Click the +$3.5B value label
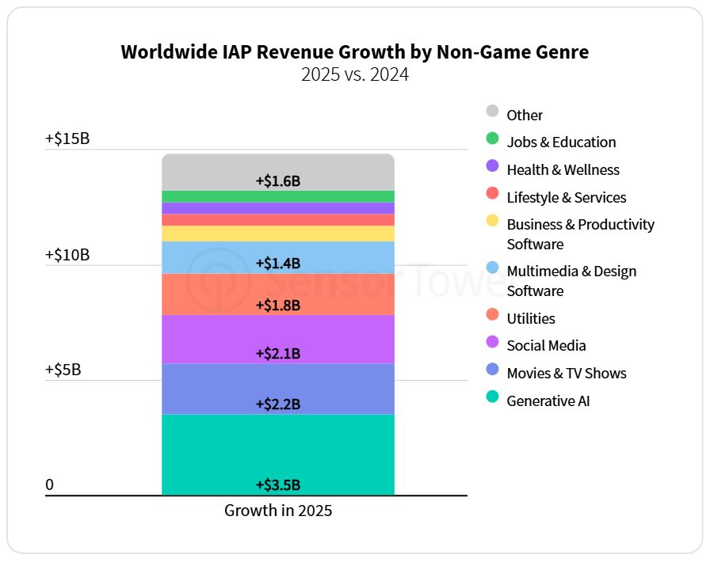point(277,485)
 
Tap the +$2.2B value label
point(277,404)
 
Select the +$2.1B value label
point(277,353)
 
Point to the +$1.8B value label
point(277,305)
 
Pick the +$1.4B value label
point(277,264)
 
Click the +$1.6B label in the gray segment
point(277,180)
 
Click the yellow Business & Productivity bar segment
point(277,234)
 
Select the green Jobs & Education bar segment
point(277,196)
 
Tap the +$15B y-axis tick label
point(67,139)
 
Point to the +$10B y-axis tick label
point(67,255)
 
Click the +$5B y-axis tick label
point(63,370)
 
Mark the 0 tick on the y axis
point(49,484)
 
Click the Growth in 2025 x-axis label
point(278,511)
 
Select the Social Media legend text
point(547,346)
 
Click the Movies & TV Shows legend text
point(567,374)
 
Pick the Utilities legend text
point(531,318)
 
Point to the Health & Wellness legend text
point(563,170)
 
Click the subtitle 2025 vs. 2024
point(354,76)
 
